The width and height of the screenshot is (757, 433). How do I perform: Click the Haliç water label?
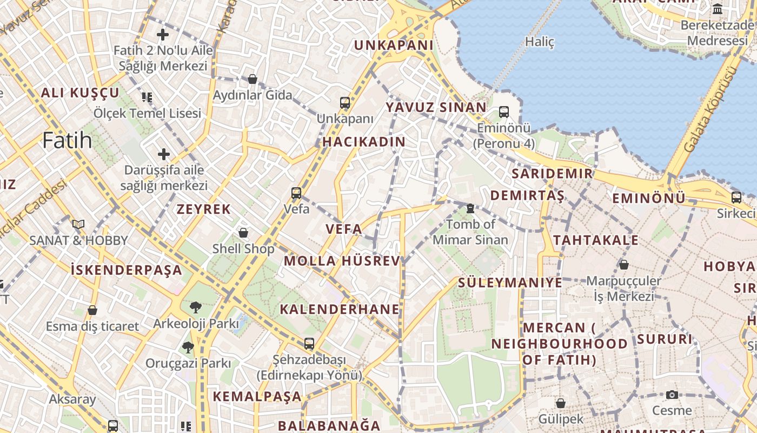pos(540,42)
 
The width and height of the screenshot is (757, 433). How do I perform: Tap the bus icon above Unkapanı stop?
pos(345,102)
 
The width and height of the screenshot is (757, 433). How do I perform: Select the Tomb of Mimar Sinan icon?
pos(470,208)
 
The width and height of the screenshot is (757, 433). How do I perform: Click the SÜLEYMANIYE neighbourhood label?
pos(510,283)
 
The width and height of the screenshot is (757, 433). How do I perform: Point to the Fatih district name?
pos(67,141)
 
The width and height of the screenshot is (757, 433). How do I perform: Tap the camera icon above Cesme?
pos(672,395)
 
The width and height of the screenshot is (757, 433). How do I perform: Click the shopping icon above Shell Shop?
pos(243,233)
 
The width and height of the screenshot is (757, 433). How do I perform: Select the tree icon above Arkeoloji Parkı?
pos(195,307)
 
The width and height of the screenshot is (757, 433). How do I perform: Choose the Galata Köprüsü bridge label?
pos(710,109)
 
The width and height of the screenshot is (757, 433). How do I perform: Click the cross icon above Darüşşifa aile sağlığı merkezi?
pos(164,154)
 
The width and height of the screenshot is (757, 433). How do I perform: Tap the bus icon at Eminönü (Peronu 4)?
pos(504,112)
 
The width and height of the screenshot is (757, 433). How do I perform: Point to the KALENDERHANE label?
pos(340,310)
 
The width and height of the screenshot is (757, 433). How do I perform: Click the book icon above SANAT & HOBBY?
pos(78,224)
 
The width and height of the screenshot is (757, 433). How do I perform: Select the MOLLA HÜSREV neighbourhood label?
pos(342,261)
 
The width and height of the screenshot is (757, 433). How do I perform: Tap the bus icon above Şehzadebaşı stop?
pos(309,343)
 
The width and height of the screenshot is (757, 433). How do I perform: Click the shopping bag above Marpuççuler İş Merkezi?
pos(624,265)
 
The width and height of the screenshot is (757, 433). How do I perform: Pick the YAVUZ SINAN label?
pos(436,107)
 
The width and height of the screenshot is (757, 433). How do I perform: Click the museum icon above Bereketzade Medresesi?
pos(718,9)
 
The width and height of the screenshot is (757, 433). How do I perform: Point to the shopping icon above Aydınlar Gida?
pos(252,79)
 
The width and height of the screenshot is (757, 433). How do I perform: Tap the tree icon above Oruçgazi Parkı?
pos(188,347)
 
